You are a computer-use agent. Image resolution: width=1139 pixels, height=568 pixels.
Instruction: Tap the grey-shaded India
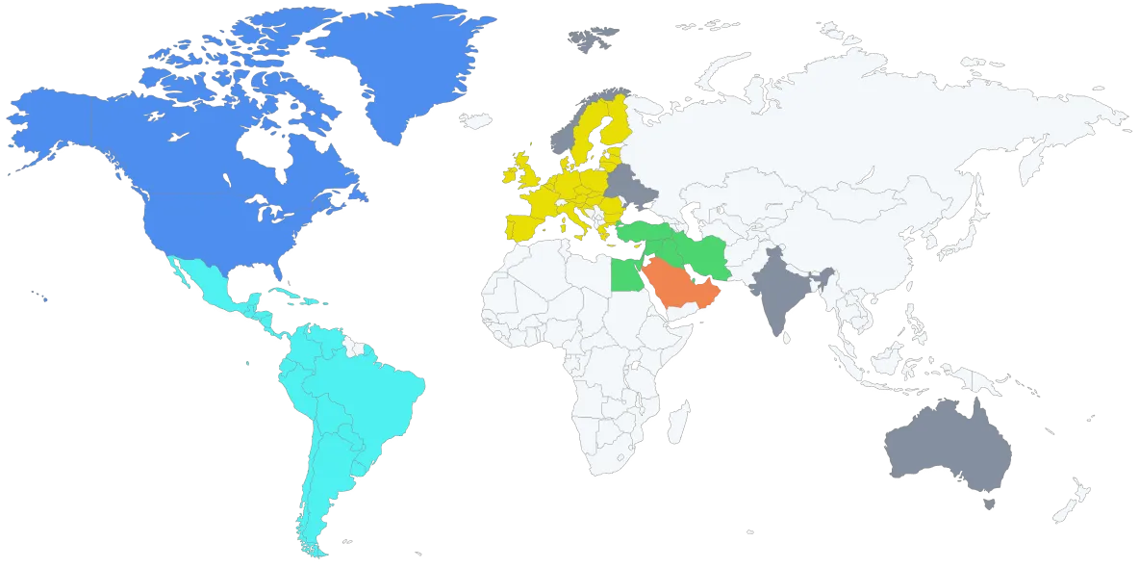[x=779, y=294]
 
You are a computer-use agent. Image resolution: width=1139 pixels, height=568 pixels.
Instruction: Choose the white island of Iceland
[x=473, y=121]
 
